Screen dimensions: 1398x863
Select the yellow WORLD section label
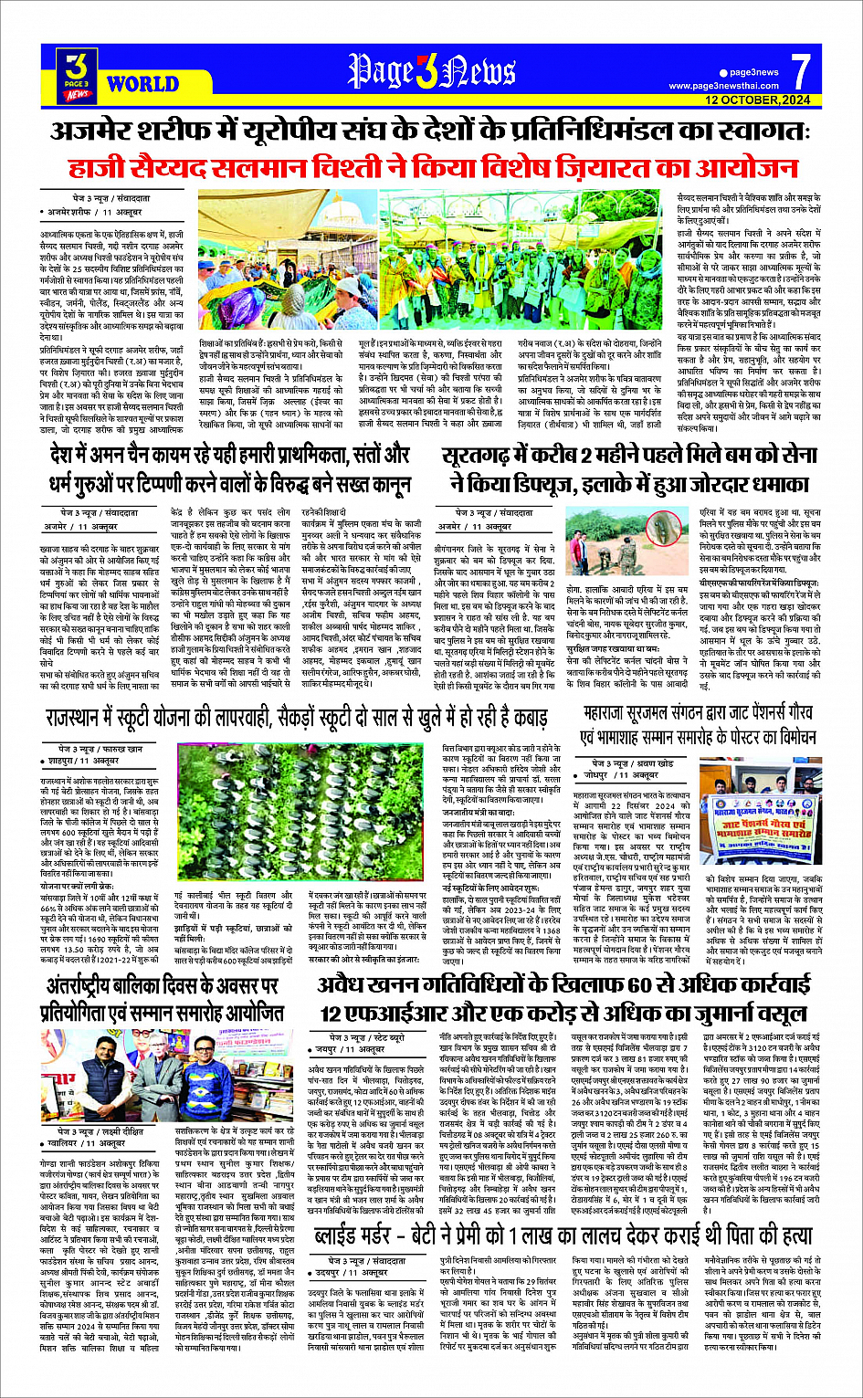(x=142, y=85)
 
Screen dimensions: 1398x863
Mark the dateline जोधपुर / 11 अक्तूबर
(x=629, y=775)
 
